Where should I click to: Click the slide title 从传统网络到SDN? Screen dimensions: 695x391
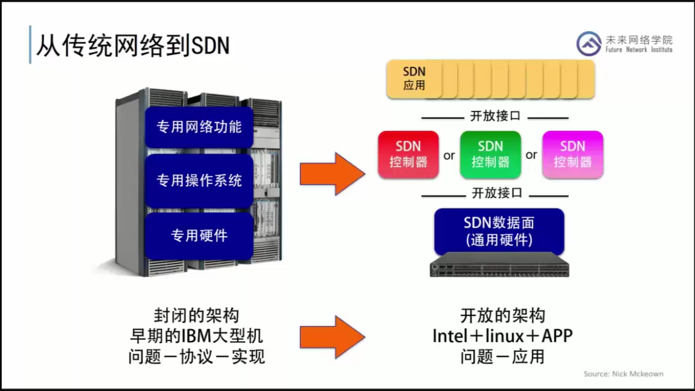click(x=133, y=46)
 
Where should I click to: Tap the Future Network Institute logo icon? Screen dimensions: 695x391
click(x=589, y=44)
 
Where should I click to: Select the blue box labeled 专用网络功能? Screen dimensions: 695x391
click(x=199, y=127)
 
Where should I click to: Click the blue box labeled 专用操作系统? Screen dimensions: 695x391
click(x=199, y=181)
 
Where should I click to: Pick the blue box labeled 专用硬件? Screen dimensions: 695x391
click(x=199, y=236)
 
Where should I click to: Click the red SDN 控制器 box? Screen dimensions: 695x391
click(x=408, y=155)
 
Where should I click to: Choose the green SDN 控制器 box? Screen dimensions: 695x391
click(x=490, y=155)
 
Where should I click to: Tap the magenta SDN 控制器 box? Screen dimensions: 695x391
click(x=573, y=155)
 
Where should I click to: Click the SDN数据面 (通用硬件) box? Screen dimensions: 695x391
click(x=499, y=231)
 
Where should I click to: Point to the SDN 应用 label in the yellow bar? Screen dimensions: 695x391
click(x=414, y=79)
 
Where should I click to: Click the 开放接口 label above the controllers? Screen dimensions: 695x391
click(x=495, y=116)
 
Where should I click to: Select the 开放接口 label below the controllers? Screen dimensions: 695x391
click(x=497, y=193)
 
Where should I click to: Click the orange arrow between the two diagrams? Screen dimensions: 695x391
click(x=333, y=174)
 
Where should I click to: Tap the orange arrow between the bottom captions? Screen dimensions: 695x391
click(x=333, y=337)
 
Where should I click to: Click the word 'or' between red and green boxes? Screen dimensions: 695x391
click(x=449, y=155)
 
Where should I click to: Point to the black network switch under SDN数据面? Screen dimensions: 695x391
click(x=499, y=265)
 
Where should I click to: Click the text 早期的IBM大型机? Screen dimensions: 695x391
click(x=197, y=336)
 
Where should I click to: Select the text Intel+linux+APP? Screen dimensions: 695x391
click(x=503, y=336)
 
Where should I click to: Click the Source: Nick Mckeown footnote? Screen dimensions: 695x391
click(x=623, y=374)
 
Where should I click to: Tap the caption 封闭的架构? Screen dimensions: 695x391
click(x=197, y=316)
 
